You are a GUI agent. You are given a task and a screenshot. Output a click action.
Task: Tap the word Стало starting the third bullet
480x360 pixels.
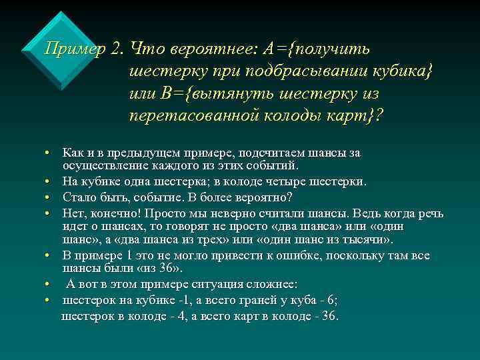[77, 197]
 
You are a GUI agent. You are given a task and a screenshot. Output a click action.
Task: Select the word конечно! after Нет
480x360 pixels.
[110, 213]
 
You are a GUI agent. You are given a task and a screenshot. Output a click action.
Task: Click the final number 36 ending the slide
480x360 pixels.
[329, 316]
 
